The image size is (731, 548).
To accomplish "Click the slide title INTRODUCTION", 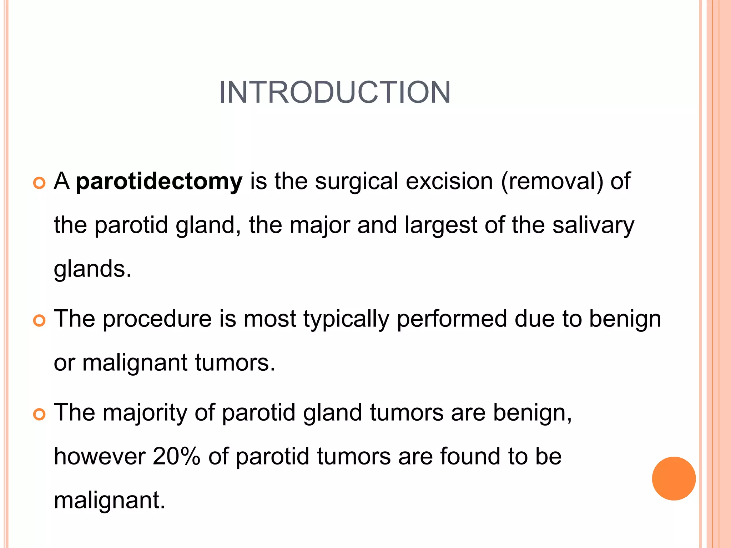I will pos(334,92).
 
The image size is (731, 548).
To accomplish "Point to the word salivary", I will pos(593,225).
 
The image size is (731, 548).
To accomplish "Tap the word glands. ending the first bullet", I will pos(92,269).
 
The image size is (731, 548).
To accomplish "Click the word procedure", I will pos(157,319).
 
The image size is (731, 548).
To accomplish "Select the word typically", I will pos(346,319).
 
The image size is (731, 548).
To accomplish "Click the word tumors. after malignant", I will pos(235,363).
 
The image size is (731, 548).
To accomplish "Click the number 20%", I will pos(176,457).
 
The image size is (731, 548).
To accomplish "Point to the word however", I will pos(100,457).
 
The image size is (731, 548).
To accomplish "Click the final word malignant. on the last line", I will pos(110,501).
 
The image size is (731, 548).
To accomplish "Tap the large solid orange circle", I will pos(674,478).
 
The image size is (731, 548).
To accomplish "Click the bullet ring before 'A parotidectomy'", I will pos(39,183).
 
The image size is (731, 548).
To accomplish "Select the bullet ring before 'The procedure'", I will pos(39,320).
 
